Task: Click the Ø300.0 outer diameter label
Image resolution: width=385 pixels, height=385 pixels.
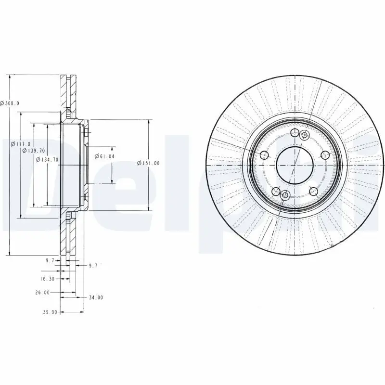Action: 10,103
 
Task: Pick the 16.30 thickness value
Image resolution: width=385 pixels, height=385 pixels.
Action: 47,279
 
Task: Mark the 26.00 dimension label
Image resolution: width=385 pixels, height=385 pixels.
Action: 43,292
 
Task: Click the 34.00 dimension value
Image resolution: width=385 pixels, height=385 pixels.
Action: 96,297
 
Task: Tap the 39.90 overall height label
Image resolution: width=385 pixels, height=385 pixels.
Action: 50,312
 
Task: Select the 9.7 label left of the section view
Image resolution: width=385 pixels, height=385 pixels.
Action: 50,260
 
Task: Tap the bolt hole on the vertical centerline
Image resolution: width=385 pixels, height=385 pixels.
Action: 294,134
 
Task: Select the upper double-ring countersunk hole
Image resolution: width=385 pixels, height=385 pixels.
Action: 304,136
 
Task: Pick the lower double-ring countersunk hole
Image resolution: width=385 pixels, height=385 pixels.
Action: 284,195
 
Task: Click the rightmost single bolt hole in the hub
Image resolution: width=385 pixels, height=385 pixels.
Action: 325,155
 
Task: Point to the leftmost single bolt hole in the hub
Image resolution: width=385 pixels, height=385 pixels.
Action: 264,155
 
